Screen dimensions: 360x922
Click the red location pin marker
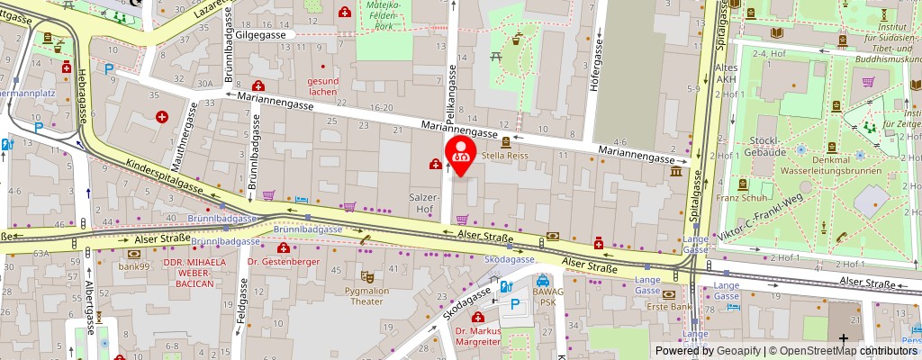[x=461, y=151]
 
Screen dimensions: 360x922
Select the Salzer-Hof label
[x=425, y=202]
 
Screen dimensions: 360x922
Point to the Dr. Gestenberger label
[x=284, y=262]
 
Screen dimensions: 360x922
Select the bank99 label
[x=133, y=267]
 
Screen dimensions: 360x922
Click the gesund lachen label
[x=323, y=86]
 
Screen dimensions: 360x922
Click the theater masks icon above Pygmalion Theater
[x=366, y=277]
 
